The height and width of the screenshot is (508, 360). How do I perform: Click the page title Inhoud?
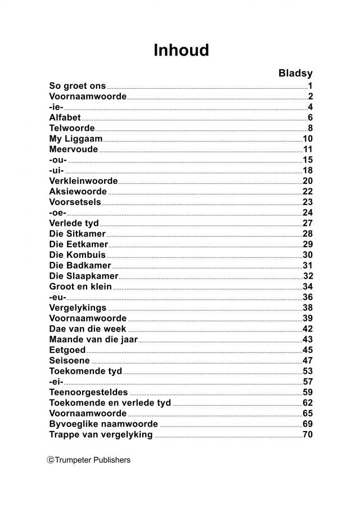click(x=181, y=50)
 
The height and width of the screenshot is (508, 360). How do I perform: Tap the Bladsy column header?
click(x=295, y=73)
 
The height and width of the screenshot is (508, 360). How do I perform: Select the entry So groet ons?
click(x=78, y=86)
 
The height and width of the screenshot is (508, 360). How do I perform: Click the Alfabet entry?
click(x=65, y=117)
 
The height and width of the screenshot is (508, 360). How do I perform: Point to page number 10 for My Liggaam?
click(x=307, y=139)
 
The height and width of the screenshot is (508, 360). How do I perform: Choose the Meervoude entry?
click(x=74, y=149)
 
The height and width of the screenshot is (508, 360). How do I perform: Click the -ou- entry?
click(x=58, y=160)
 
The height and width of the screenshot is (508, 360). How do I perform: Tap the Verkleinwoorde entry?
click(x=83, y=181)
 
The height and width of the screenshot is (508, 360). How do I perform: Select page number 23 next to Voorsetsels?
click(x=307, y=202)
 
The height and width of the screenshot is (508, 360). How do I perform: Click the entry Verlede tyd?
click(x=74, y=223)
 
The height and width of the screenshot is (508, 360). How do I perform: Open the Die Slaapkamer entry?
click(x=84, y=276)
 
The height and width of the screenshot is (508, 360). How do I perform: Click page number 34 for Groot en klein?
click(x=307, y=287)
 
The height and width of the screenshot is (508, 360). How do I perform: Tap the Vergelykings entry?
click(x=78, y=307)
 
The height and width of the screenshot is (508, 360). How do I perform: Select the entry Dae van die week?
click(x=88, y=329)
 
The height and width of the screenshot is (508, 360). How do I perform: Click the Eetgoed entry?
click(x=67, y=350)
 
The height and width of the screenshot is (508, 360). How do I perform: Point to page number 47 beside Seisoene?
click(x=307, y=360)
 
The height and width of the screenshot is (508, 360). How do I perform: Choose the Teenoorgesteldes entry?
click(x=89, y=392)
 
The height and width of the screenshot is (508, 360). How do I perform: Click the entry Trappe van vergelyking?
click(x=101, y=434)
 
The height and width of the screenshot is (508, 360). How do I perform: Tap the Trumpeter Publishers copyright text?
click(x=89, y=460)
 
